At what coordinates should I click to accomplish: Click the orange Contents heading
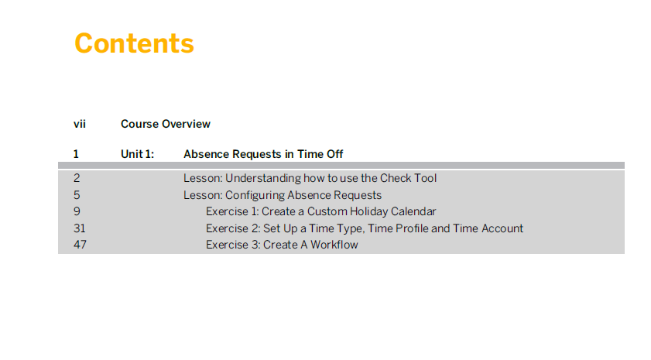point(134,43)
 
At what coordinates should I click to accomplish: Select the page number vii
point(80,124)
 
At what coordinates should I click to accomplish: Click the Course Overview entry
point(166,124)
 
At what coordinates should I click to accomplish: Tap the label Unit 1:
point(138,154)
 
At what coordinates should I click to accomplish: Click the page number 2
point(77,178)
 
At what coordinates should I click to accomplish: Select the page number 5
point(77,195)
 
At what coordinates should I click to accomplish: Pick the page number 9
point(77,211)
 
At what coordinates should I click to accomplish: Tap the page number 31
point(79,228)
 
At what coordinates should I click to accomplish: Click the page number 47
point(81,245)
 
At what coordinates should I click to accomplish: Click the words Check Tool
point(408,178)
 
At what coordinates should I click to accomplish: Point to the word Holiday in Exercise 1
point(368,211)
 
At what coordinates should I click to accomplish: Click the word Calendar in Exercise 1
point(413,211)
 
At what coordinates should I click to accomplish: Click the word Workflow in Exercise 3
point(334,245)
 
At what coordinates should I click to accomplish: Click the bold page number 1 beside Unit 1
point(76,154)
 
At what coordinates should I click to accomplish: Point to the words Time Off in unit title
point(320,154)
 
